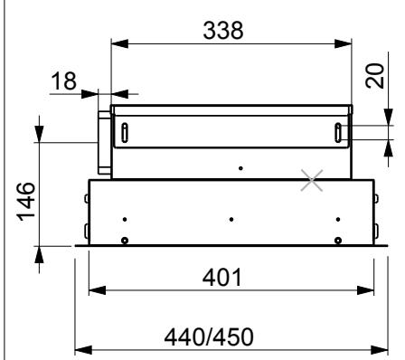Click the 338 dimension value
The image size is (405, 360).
tap(223, 31)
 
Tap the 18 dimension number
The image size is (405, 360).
tap(63, 81)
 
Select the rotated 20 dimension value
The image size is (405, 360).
tap(375, 76)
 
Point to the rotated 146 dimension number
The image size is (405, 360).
tap(25, 202)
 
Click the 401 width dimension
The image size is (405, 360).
tap(222, 278)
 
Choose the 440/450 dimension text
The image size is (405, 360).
tap(209, 336)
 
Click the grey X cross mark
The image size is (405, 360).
tap(312, 180)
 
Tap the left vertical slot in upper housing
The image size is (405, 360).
tap(125, 133)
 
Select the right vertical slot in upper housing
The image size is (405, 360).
tap(338, 133)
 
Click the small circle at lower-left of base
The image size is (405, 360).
tap(125, 241)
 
